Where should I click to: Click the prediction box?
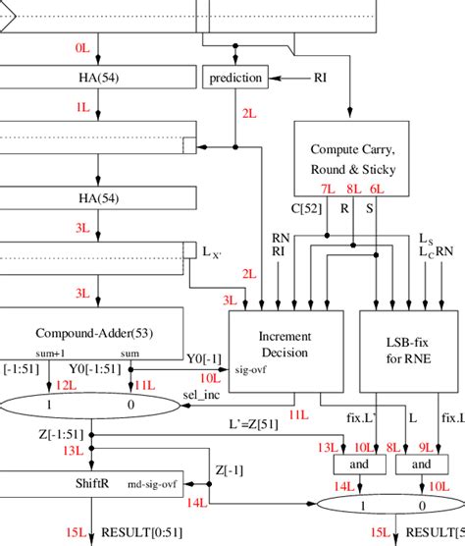235,78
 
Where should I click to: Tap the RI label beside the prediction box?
321,77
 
